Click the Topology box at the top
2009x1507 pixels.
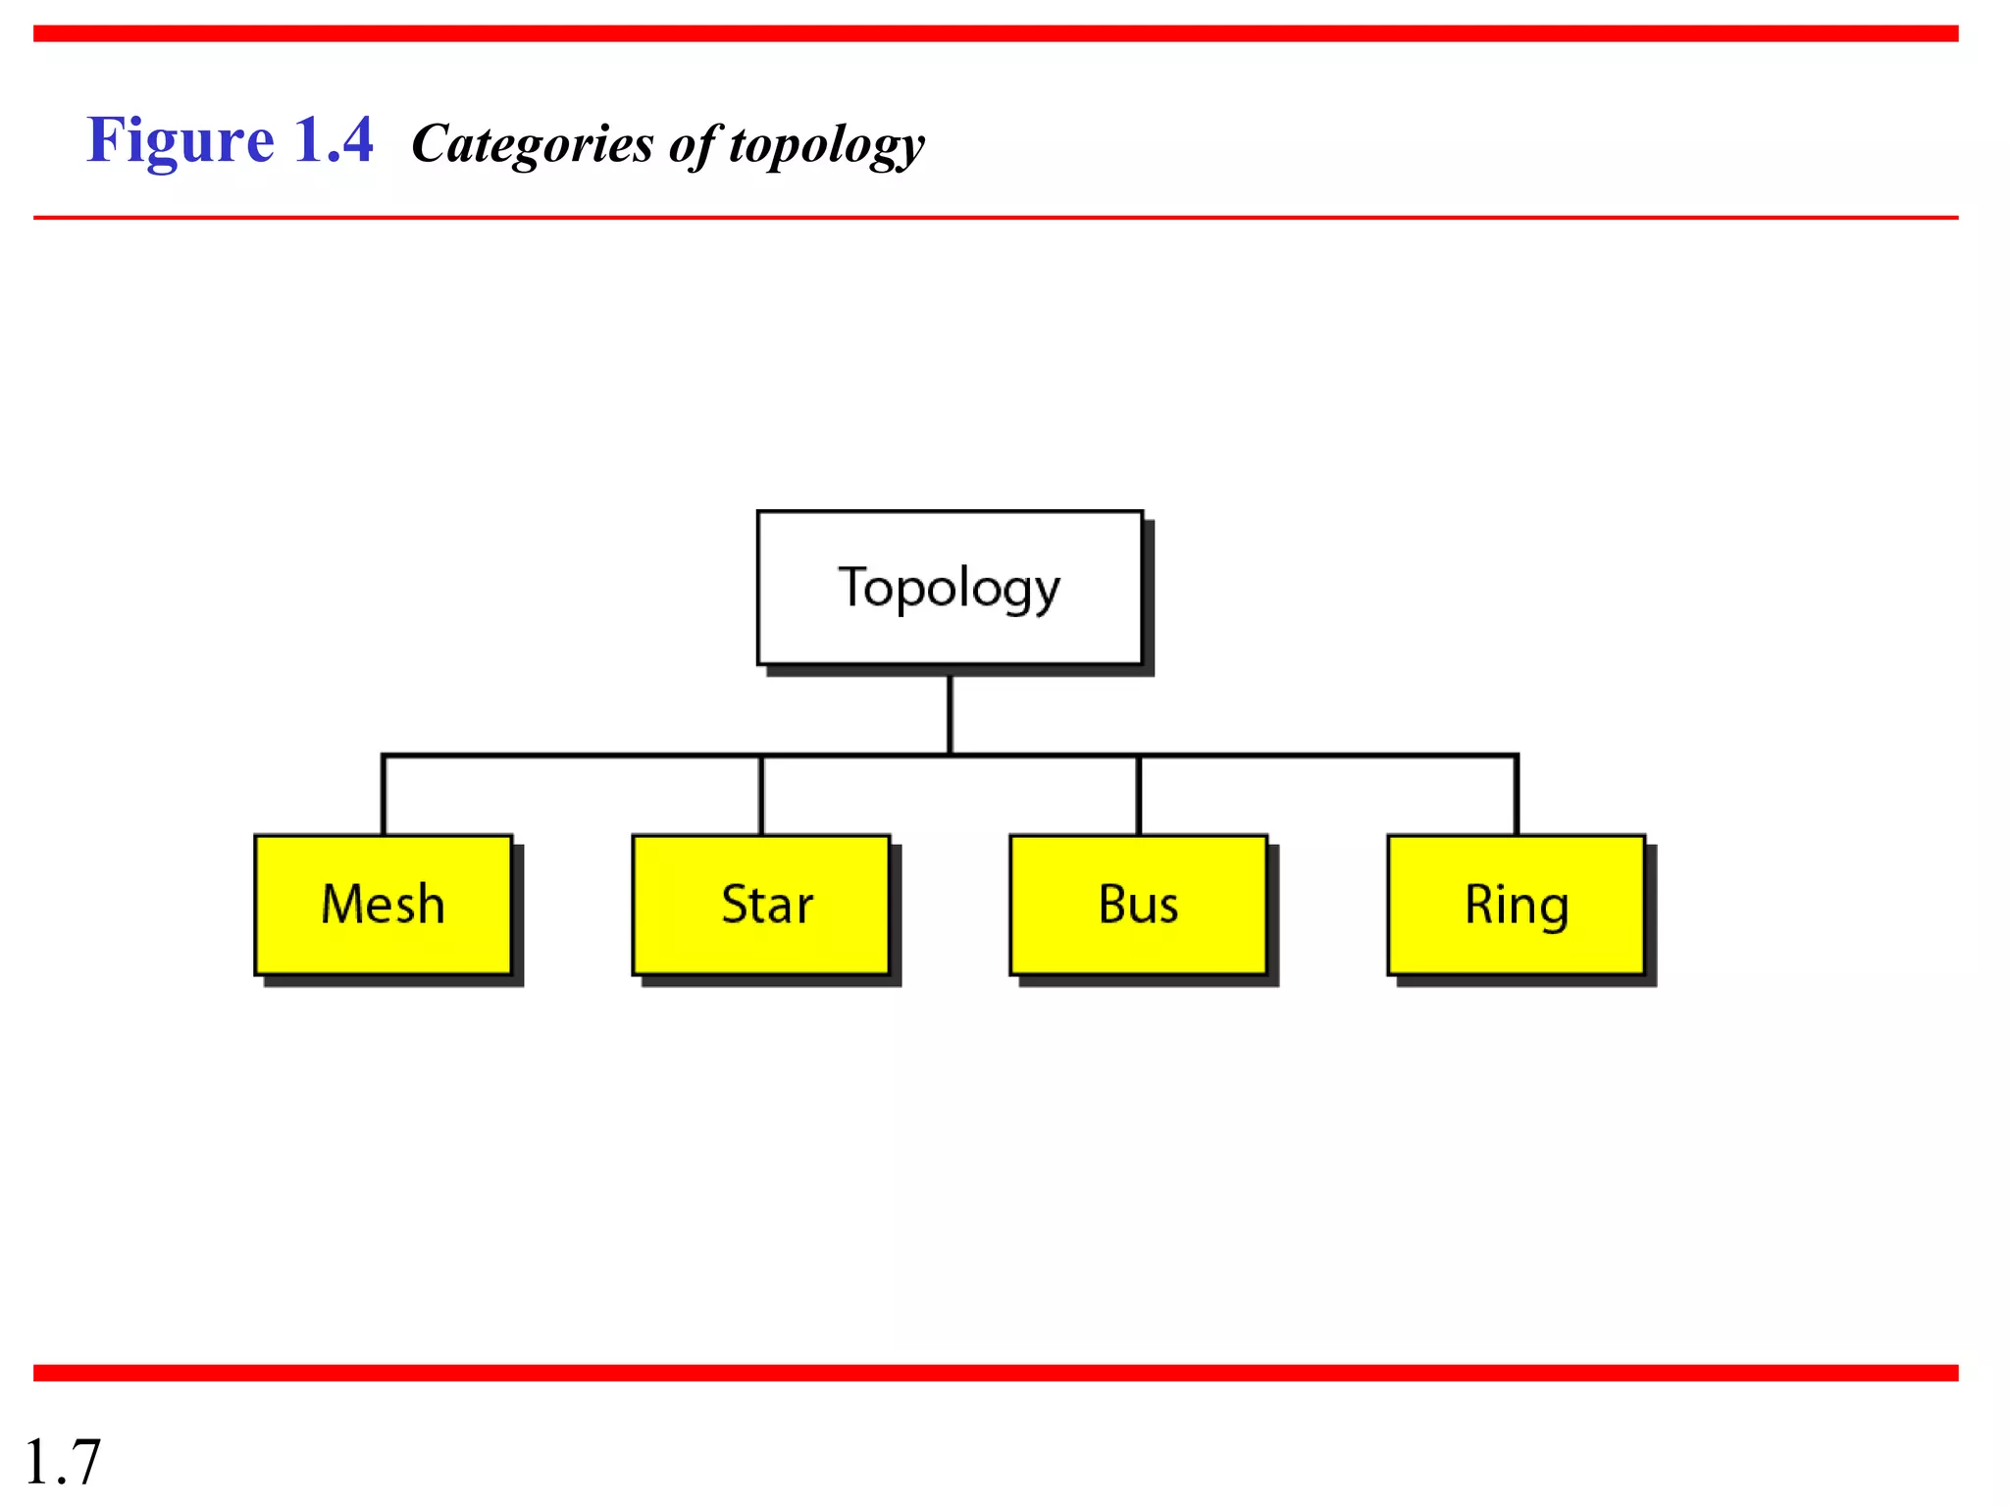pos(950,588)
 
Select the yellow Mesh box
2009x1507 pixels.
pos(384,905)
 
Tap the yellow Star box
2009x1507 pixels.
pos(761,905)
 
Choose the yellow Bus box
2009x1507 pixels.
pos(1138,905)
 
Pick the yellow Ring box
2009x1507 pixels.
pos(1516,905)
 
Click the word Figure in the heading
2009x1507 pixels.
pos(180,140)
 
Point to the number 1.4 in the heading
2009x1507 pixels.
pos(334,140)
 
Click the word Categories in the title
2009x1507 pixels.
pos(533,144)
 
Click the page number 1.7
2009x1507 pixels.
pos(62,1462)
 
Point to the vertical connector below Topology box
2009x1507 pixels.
pos(950,714)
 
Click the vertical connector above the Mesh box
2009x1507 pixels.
pos(384,796)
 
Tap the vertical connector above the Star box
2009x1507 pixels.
pos(761,796)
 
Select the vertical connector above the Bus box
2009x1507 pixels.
pos(1138,796)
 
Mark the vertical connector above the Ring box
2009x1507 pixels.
pos(1516,796)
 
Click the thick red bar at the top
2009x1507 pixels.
pos(996,33)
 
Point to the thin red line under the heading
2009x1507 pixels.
pos(996,218)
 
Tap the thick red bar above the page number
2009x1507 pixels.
pos(996,1373)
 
